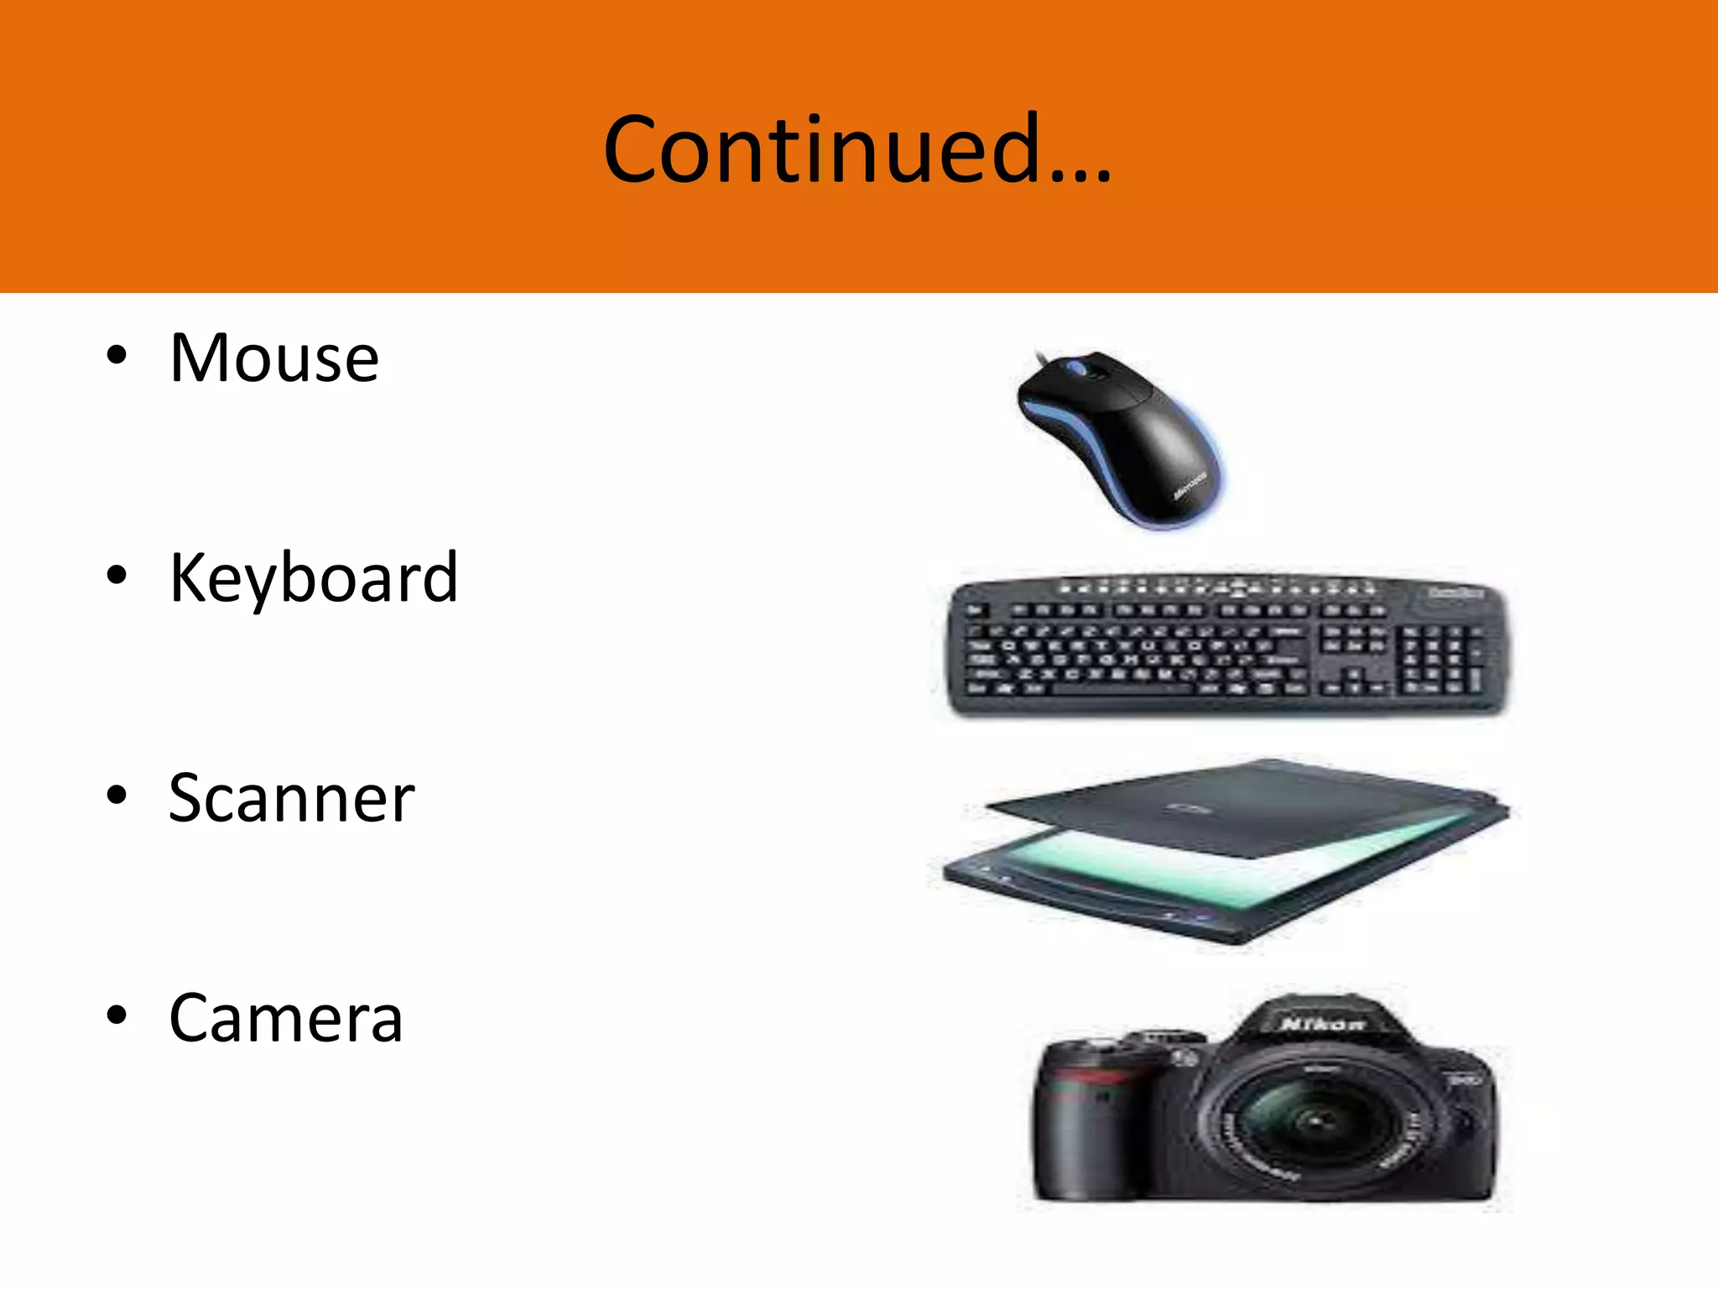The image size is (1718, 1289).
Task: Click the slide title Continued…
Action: [857, 149]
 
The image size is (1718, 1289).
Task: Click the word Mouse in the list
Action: [274, 358]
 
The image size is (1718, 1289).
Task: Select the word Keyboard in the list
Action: [314, 578]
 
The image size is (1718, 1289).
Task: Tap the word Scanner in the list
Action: [291, 798]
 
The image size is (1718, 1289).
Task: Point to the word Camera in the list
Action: [286, 1018]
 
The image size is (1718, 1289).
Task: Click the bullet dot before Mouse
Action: [117, 356]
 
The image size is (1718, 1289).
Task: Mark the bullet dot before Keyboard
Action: [117, 576]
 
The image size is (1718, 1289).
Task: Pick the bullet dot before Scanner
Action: [117, 796]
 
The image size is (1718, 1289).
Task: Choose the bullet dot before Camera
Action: [117, 1015]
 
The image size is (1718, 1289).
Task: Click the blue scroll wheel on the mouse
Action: [1075, 367]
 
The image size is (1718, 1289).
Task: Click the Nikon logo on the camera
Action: [1322, 1024]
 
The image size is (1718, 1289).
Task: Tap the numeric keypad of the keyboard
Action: [1442, 663]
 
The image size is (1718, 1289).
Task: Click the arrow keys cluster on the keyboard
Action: [1351, 684]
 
